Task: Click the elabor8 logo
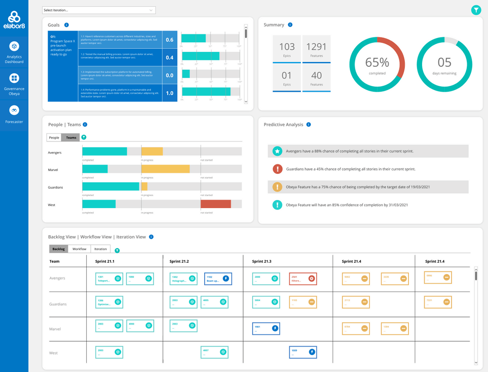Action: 14,20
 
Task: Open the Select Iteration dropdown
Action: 99,10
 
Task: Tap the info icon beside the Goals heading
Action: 66,25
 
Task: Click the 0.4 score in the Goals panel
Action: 169,57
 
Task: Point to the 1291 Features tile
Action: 316,49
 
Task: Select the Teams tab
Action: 71,138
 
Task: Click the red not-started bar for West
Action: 216,204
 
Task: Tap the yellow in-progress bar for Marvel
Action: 165,169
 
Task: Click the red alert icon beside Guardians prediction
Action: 277,169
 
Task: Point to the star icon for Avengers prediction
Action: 277,151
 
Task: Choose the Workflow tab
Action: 79,249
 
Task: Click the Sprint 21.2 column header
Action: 179,261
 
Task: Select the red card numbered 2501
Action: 303,279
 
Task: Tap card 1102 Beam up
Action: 218,279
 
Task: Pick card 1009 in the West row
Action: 302,352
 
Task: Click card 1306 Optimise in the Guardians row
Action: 109,302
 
